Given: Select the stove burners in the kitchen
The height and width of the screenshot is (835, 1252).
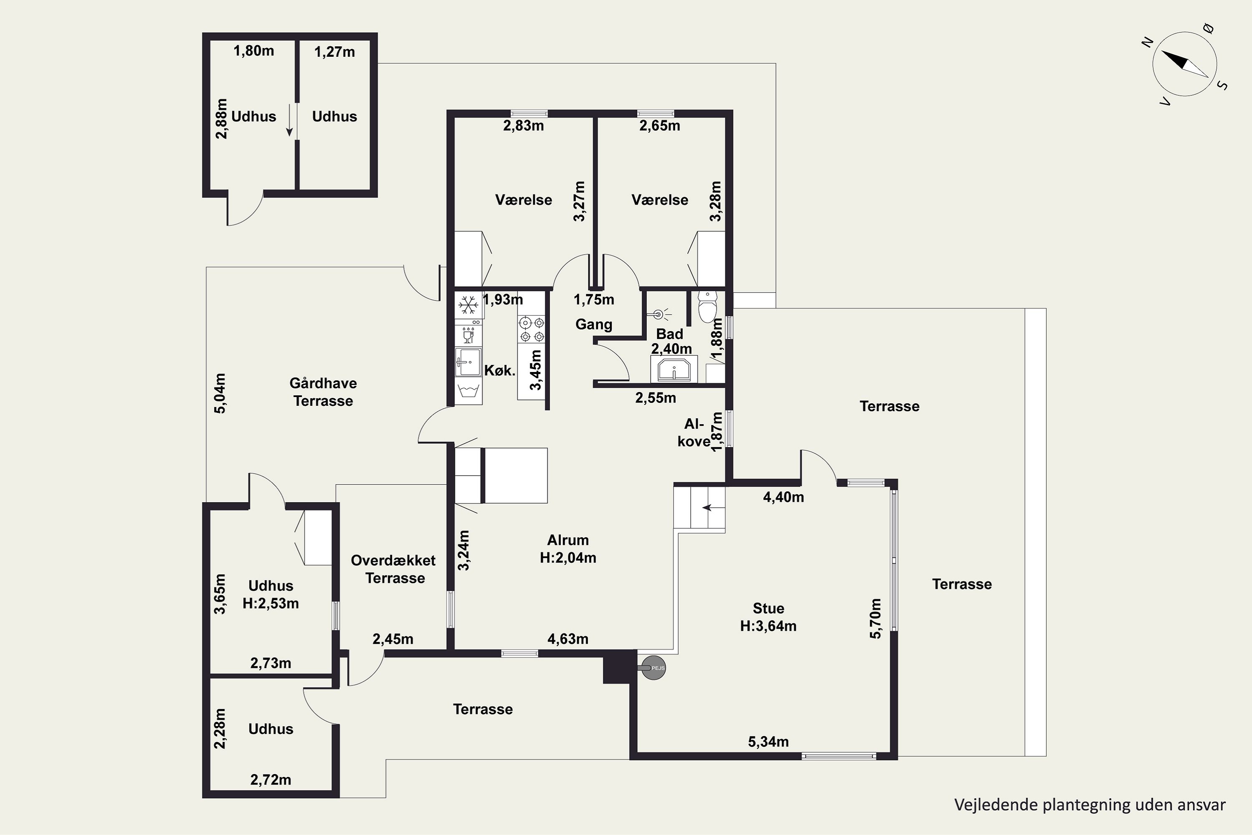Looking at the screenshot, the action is click(x=532, y=329).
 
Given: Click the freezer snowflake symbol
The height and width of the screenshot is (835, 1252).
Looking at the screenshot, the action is click(x=468, y=306).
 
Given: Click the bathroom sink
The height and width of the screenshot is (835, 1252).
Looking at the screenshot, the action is click(x=674, y=369).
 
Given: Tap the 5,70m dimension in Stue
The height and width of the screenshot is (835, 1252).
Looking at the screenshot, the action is click(x=875, y=618).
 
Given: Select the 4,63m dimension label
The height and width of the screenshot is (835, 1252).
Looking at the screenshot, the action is click(x=568, y=639).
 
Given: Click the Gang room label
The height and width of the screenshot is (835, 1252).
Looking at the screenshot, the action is click(x=593, y=324).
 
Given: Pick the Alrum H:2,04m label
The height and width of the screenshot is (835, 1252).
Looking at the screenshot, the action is click(x=568, y=549).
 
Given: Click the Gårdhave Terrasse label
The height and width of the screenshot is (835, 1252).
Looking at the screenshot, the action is click(x=323, y=392).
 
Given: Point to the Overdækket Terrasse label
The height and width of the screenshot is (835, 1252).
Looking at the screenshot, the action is click(x=394, y=569).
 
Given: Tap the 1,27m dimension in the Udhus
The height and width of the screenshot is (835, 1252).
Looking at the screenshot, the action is click(x=334, y=52).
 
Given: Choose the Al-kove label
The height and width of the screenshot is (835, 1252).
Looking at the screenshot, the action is click(x=694, y=433).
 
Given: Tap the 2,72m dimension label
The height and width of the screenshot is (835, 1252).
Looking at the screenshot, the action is click(x=270, y=780).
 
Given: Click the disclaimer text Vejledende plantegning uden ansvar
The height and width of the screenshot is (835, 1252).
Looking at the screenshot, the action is click(x=1090, y=805).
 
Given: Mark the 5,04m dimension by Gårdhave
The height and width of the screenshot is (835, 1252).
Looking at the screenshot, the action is click(x=220, y=393).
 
